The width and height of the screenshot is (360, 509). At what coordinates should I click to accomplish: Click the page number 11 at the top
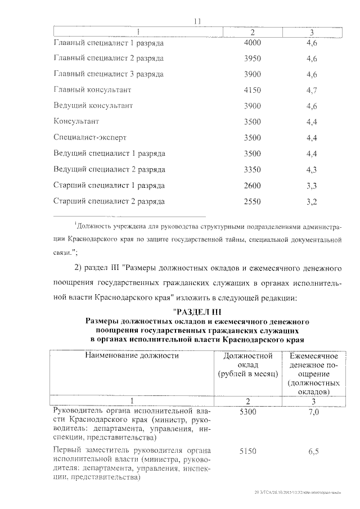click(x=197, y=21)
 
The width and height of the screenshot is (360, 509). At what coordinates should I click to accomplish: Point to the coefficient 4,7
click(x=313, y=89)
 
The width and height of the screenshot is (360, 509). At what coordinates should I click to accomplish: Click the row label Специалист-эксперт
click(x=89, y=137)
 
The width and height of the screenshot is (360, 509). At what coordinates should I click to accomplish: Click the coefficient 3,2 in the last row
click(x=313, y=201)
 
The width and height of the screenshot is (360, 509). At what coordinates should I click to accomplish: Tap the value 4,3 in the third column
click(x=313, y=169)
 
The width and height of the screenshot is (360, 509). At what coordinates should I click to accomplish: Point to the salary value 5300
click(x=247, y=412)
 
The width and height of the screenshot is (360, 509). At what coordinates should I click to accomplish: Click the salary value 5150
click(x=247, y=451)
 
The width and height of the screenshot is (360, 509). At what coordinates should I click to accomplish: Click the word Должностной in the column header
click(x=248, y=355)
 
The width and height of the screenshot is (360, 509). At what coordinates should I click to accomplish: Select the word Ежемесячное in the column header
click(x=313, y=355)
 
